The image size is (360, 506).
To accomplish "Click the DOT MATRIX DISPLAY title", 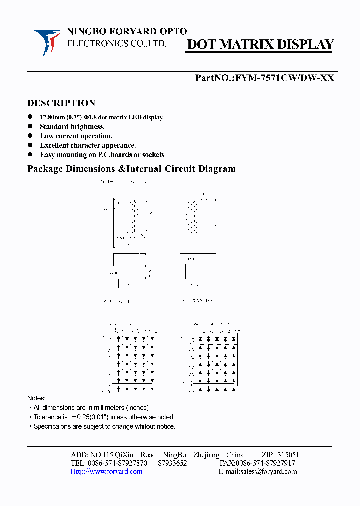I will point(260,45).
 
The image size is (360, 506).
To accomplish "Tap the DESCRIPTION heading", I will point(61,103).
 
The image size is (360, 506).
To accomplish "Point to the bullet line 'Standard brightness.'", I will point(72,127).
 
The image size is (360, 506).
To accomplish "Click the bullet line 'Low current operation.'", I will point(76,136).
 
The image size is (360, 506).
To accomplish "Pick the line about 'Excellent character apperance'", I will point(88,145).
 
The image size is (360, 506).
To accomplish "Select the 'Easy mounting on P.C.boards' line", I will point(102,155).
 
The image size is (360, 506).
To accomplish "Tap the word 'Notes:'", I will point(36,398).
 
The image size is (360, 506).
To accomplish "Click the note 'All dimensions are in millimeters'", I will point(91,408).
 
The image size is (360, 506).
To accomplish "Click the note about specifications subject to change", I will point(104,426).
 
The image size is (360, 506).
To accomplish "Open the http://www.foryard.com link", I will point(106,471).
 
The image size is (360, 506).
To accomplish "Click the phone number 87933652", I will point(172,463).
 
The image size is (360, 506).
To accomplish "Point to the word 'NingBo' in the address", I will point(175,455).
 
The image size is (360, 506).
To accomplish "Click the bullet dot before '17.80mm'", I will point(30,117).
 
